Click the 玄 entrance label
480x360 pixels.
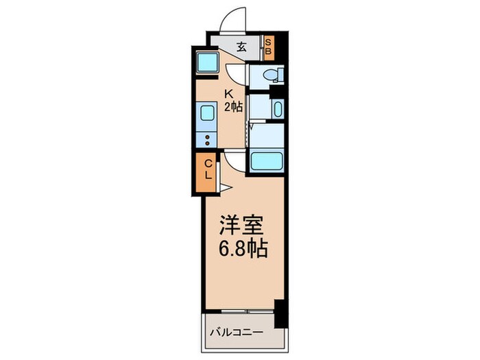pyautogui.click(x=242, y=48)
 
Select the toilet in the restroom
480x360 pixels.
pyautogui.click(x=269, y=75)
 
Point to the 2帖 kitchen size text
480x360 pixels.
pyautogui.click(x=232, y=108)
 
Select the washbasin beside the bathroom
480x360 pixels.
pyautogui.click(x=276, y=108)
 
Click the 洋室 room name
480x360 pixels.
pyautogui.click(x=242, y=226)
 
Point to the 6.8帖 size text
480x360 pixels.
pyautogui.click(x=242, y=248)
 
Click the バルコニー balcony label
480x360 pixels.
pyautogui.click(x=235, y=333)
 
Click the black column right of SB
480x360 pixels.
pyautogui.click(x=279, y=46)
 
